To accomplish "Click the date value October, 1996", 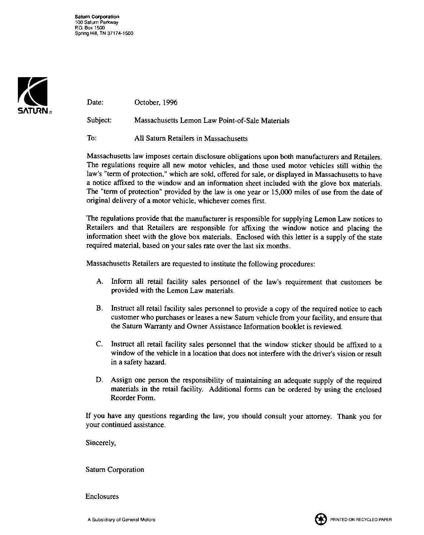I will pos(156,103).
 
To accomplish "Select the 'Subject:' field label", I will pos(99,121).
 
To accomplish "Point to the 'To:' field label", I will pos(91,138).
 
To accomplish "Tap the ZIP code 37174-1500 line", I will pos(104,33).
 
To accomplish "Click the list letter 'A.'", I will pos(100,282).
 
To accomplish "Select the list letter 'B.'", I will pos(100,309).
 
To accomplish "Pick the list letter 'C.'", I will pos(100,345).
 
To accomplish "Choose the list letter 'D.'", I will pos(100,380).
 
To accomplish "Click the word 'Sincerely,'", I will pos(101,443).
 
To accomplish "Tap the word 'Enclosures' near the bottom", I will pos(102,497).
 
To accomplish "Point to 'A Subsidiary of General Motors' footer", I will pos(121,520).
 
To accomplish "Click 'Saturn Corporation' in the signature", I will pos(115,470).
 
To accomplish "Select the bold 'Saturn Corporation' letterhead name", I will pos(97,17).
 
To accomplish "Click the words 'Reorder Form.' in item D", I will pos(133,398).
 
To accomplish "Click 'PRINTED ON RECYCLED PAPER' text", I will pos(361,520).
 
